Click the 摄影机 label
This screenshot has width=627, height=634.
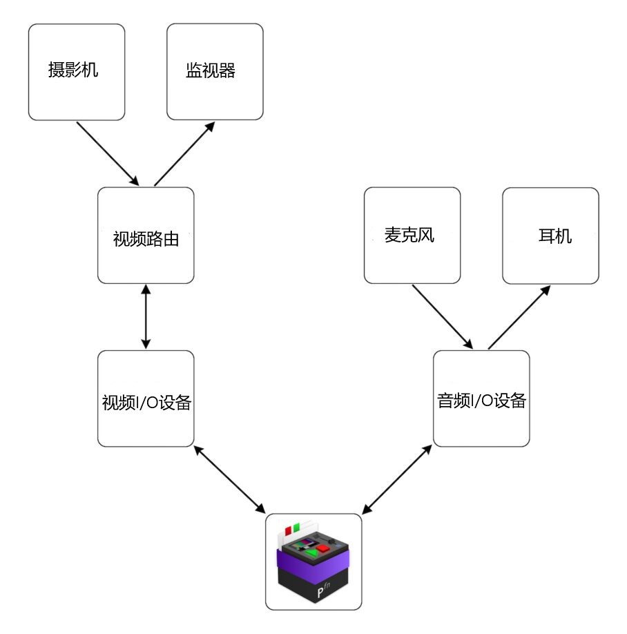[x=73, y=70]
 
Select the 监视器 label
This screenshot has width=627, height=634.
[x=211, y=70]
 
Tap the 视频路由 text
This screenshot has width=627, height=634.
[x=146, y=239]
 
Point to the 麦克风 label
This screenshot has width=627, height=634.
[x=409, y=235]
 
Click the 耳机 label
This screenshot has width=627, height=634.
[x=555, y=236]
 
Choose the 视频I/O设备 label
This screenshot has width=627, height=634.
[x=146, y=403]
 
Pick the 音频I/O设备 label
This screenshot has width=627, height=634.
[x=481, y=401]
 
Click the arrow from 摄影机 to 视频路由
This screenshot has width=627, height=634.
[x=108, y=154]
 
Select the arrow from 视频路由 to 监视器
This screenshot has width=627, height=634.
[x=184, y=153]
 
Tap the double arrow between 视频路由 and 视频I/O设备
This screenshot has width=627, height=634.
[x=146, y=316]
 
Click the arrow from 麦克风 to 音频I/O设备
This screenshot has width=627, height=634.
[x=443, y=317]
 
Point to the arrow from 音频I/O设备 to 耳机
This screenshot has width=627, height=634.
[x=519, y=317]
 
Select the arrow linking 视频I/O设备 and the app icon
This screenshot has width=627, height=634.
[x=230, y=479]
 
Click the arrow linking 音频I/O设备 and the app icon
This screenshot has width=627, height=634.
[x=397, y=479]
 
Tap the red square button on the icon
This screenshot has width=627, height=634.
[x=323, y=548]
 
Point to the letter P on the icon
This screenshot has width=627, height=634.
[x=320, y=593]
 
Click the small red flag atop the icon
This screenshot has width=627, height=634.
[x=288, y=530]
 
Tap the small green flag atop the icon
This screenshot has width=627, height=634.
[x=296, y=527]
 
